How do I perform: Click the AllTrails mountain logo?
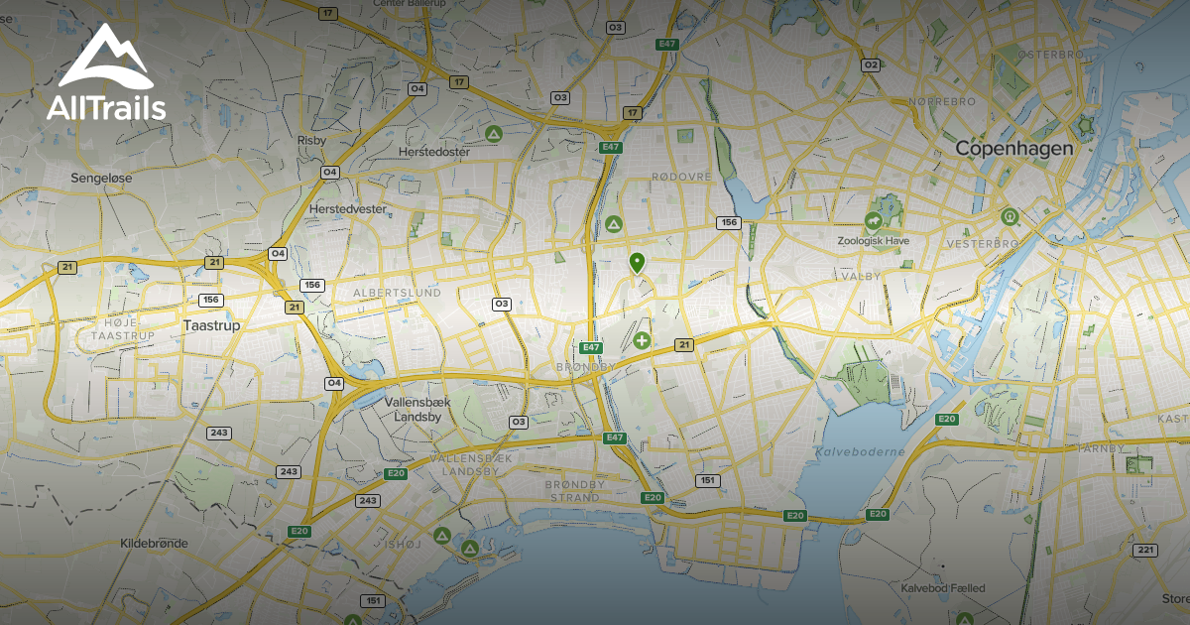[x=104, y=60]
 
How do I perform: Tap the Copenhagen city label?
[x=1013, y=148]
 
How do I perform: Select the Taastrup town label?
[x=212, y=324]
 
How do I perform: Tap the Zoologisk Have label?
[x=872, y=240]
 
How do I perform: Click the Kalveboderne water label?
[x=847, y=451]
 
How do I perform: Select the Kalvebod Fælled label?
[x=943, y=588]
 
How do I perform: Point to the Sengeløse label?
[x=101, y=178]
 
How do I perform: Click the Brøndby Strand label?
[x=573, y=490]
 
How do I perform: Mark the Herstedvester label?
[x=347, y=210]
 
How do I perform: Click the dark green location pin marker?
[x=637, y=262]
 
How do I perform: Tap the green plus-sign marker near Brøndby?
[x=642, y=341]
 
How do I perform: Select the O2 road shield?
[x=871, y=64]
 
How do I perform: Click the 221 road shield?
[x=1146, y=550]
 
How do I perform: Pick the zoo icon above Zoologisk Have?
[x=873, y=220]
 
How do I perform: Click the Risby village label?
[x=311, y=141]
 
